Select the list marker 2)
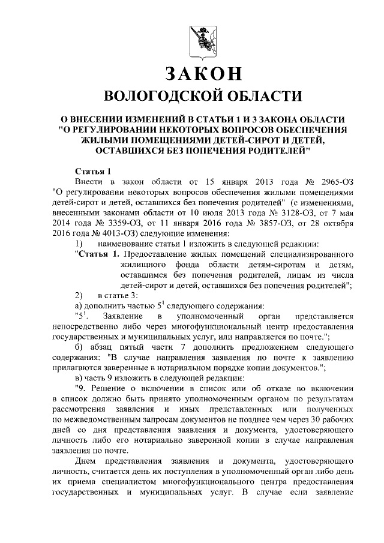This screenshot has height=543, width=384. click(79, 295)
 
